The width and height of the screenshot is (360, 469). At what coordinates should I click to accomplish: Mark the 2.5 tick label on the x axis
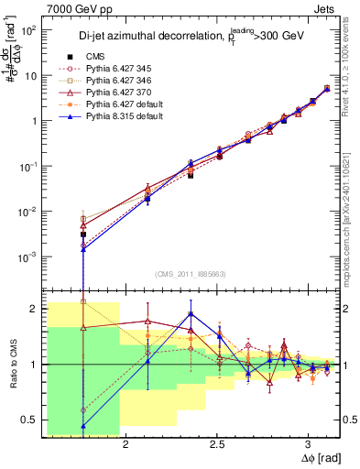click(217, 444)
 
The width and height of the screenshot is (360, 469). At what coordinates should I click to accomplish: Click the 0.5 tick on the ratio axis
click(29, 420)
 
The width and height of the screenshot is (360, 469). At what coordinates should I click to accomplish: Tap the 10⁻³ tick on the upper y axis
click(27, 256)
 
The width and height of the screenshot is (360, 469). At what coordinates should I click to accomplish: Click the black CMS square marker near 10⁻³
click(83, 234)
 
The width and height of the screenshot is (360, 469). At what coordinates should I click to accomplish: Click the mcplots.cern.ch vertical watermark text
click(353, 211)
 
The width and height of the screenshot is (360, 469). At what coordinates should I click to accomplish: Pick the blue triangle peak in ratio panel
click(190, 313)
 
